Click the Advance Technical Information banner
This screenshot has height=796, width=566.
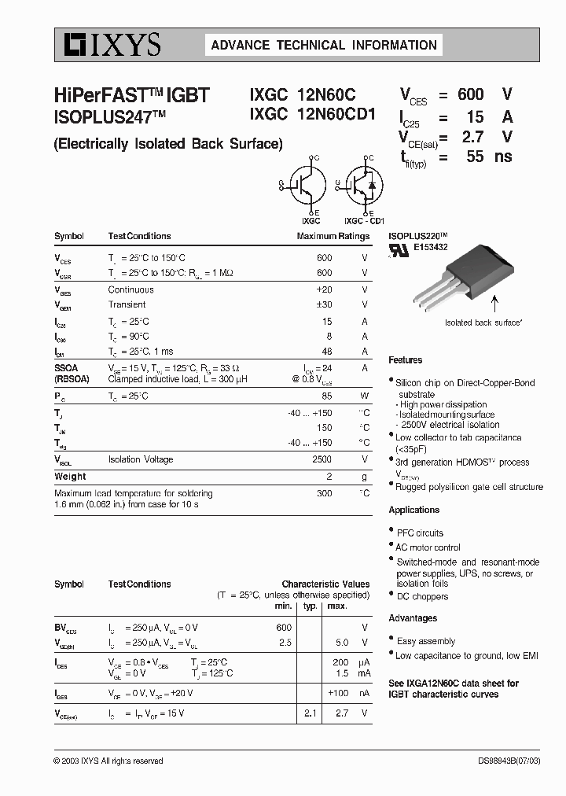pos(324,46)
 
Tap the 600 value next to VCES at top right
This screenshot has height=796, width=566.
pos(470,94)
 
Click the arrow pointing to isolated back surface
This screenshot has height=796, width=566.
pos(494,304)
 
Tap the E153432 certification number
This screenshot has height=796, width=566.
pos(431,247)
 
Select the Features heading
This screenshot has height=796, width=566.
pos(405,360)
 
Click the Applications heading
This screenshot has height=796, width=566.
pos(413,510)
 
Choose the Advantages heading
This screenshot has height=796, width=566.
pos(413,618)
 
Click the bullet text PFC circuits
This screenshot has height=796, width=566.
pos(420,533)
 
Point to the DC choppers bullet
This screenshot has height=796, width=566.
pos(422,596)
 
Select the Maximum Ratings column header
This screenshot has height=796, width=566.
pos(333,236)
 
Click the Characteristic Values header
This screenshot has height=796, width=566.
pos(325,584)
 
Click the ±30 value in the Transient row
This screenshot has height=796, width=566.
pos(323,304)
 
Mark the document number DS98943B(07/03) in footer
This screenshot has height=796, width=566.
pos(509,761)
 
